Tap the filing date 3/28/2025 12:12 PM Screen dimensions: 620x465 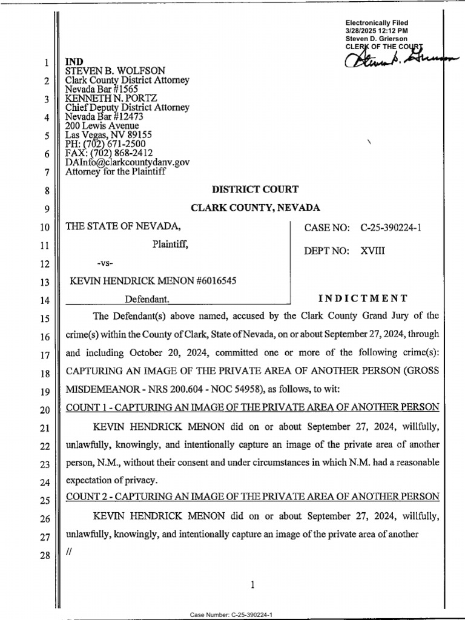point(376,30)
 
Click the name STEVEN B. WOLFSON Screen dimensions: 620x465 point(105,71)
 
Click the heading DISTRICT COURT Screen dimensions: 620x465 point(254,190)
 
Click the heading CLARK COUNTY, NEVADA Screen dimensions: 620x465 point(255,208)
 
